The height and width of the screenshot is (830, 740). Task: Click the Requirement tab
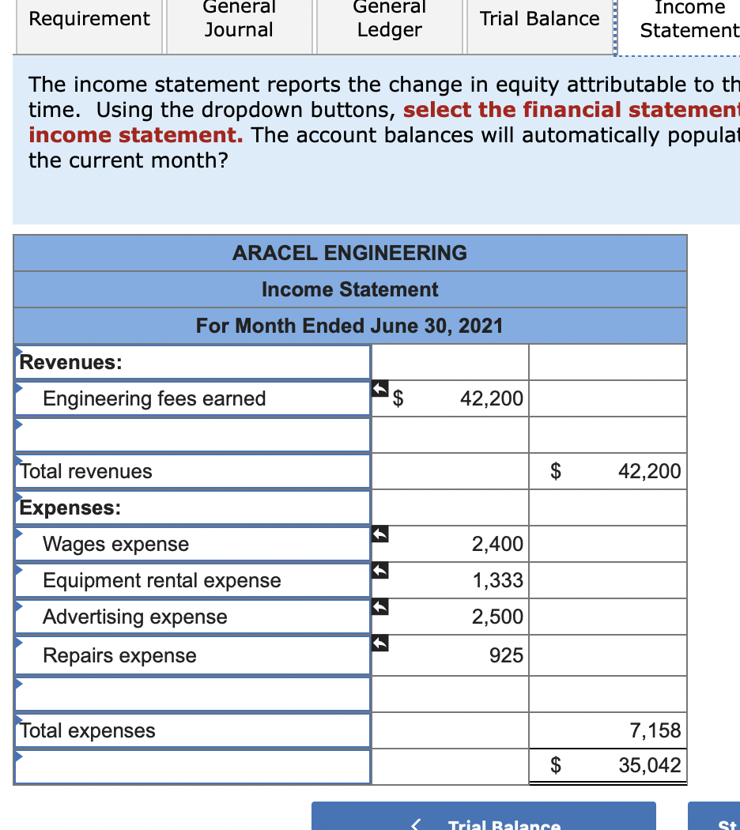click(89, 19)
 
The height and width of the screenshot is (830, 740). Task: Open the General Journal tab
click(239, 19)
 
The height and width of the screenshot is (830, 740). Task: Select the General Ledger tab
click(389, 19)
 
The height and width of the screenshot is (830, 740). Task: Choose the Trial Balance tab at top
click(540, 19)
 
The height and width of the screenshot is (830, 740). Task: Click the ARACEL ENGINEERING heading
click(349, 253)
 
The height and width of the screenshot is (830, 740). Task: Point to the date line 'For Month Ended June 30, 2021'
click(349, 326)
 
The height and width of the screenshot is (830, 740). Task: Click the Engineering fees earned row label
click(154, 398)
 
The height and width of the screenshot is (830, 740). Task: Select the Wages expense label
click(116, 544)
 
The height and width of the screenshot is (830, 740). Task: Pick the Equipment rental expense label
click(162, 580)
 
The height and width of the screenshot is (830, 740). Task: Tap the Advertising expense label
click(135, 617)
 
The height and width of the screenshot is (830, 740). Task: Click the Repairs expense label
click(120, 655)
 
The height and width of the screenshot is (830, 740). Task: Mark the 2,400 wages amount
click(497, 544)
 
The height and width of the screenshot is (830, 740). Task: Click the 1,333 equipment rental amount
click(497, 580)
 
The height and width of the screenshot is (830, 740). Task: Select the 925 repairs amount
click(506, 655)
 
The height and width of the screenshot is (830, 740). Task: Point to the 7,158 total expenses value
click(655, 730)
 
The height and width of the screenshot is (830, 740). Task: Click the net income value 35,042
click(649, 765)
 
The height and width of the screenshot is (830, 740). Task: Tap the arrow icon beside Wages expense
click(380, 535)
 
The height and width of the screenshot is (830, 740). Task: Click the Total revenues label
click(86, 471)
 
